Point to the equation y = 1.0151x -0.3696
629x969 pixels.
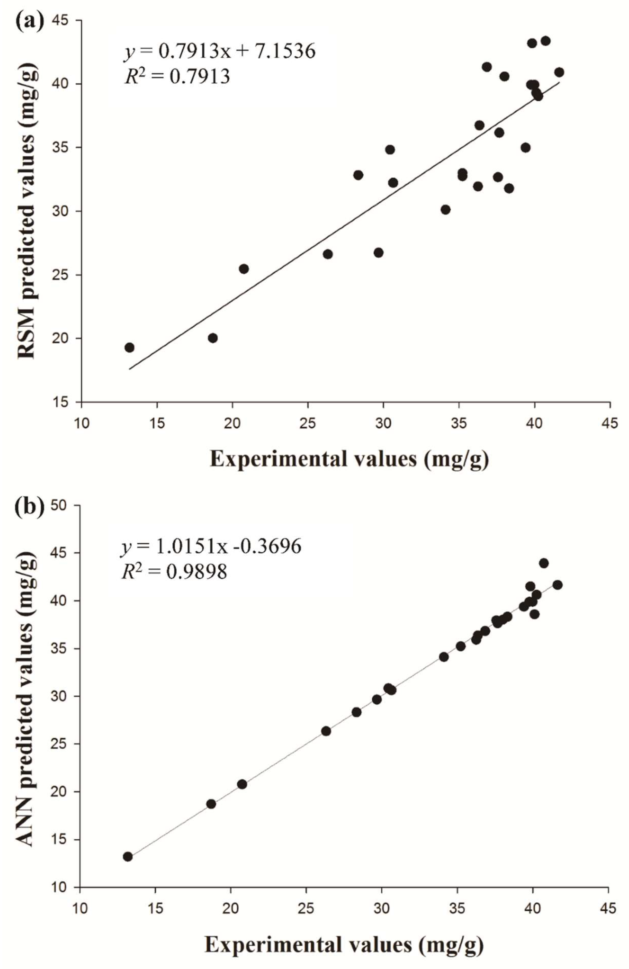[211, 546]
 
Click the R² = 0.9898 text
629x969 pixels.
[174, 572]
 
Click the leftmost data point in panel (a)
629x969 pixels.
[129, 347]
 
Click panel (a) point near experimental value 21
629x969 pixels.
[244, 269]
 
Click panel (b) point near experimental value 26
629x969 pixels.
[326, 731]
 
